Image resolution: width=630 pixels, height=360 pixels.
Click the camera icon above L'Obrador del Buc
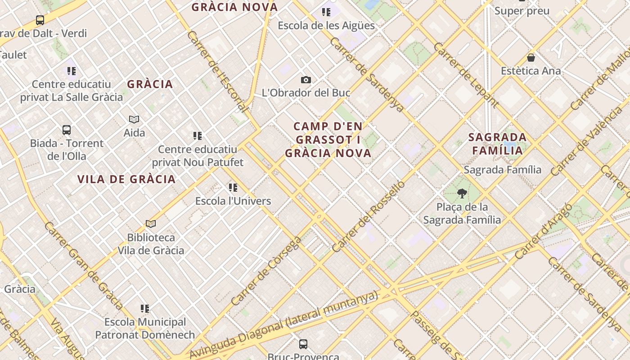point(306,80)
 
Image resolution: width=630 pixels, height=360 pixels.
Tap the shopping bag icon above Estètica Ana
point(531,58)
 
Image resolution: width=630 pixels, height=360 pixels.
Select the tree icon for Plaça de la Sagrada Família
point(462,193)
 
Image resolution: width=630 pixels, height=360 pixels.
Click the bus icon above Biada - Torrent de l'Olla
point(67,130)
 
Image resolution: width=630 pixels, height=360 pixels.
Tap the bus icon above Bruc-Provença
point(303,344)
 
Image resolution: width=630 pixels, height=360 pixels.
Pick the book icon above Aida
point(134,119)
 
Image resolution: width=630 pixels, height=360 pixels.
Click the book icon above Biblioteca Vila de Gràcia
point(151,224)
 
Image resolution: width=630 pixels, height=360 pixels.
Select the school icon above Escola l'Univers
point(233,187)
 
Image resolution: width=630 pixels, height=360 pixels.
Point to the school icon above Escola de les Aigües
point(326,12)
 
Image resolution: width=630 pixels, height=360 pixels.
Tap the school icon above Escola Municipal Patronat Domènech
point(145,309)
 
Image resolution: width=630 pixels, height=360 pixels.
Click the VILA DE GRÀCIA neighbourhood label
point(126,179)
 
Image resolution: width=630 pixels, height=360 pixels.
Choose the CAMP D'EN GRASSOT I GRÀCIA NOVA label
point(328,139)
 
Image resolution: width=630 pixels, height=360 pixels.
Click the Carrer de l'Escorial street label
point(217,71)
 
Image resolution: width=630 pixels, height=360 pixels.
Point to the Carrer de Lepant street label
point(466,75)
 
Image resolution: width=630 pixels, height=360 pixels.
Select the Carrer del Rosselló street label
point(369,216)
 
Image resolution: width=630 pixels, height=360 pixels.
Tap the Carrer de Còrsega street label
point(266,271)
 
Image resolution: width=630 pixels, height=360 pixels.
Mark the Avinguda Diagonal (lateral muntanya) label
point(283,325)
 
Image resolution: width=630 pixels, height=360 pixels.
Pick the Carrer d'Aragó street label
point(543,231)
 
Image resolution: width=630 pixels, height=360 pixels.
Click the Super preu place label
point(522,11)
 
